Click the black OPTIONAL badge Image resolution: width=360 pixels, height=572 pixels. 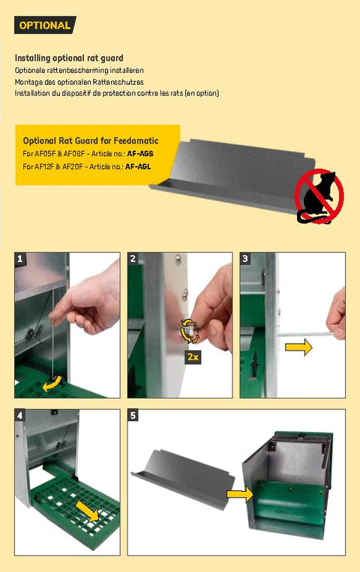coord(45,26)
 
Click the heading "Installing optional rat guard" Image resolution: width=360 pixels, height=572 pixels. coord(69,58)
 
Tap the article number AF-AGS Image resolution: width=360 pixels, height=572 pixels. coord(140,154)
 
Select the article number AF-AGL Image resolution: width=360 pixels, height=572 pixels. coord(138,167)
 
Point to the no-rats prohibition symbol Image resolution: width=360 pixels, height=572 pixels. coord(319,196)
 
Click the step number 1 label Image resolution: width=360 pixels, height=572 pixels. coord(19,258)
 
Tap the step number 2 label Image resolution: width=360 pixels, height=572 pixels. coord(133,258)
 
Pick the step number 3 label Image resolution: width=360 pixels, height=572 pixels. coord(245,258)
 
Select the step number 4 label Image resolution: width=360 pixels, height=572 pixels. coord(19,415)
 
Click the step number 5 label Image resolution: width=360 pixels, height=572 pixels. coord(133,415)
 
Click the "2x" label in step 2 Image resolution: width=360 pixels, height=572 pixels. coord(193,357)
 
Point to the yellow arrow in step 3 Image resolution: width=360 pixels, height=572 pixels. coord(298,348)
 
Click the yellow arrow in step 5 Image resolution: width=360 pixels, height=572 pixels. coord(239,494)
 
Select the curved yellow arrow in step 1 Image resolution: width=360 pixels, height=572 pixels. coord(52,384)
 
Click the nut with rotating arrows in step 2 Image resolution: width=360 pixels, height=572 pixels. coord(190,331)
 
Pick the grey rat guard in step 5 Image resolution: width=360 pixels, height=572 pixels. coord(182,478)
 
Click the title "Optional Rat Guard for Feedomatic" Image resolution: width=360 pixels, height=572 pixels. coord(91,140)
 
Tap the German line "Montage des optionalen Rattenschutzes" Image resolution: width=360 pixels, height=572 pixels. coord(79,82)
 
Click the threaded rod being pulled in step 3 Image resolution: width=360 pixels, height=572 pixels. coord(306,334)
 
